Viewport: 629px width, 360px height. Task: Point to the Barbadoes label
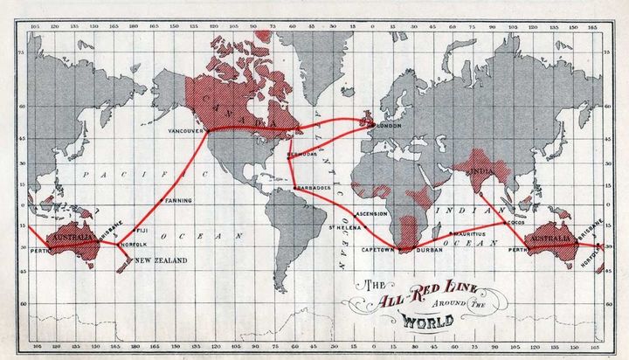click(311, 187)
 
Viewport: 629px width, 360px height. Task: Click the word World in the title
click(427, 322)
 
